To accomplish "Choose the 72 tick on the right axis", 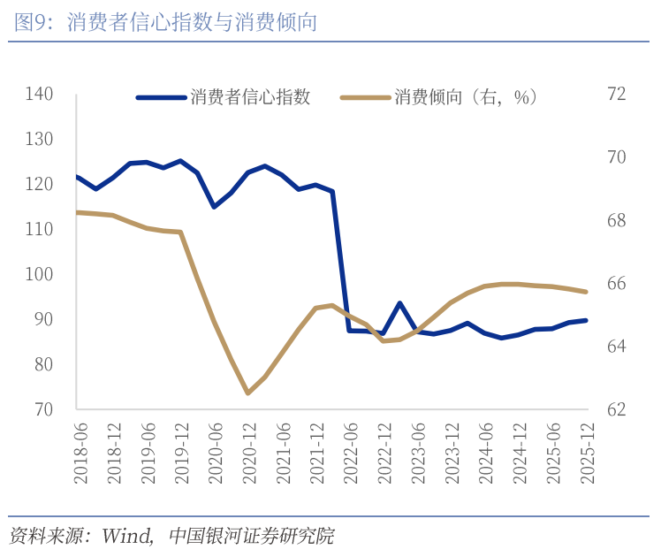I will pos(616,94).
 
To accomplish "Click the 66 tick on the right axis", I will pos(616,284).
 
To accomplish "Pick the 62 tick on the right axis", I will pos(616,409).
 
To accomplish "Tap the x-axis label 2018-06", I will pos(80,452).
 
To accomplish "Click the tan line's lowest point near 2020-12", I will pos(247,393).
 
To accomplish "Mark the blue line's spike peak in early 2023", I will pos(400,303).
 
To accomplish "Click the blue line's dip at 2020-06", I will pos(214,207).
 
